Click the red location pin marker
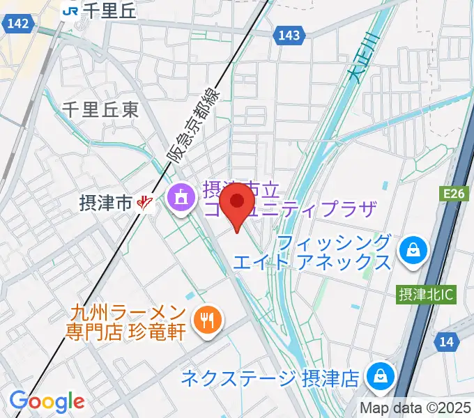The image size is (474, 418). [239, 203]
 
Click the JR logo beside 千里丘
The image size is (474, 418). [70, 10]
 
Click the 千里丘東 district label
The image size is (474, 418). [100, 109]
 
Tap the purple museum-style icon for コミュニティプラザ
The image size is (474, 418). [181, 198]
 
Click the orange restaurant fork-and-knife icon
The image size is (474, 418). [208, 320]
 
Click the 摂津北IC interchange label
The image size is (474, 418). [425, 295]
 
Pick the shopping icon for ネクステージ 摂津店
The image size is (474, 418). [381, 376]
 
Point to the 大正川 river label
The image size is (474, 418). [362, 59]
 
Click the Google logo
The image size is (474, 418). [47, 401]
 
